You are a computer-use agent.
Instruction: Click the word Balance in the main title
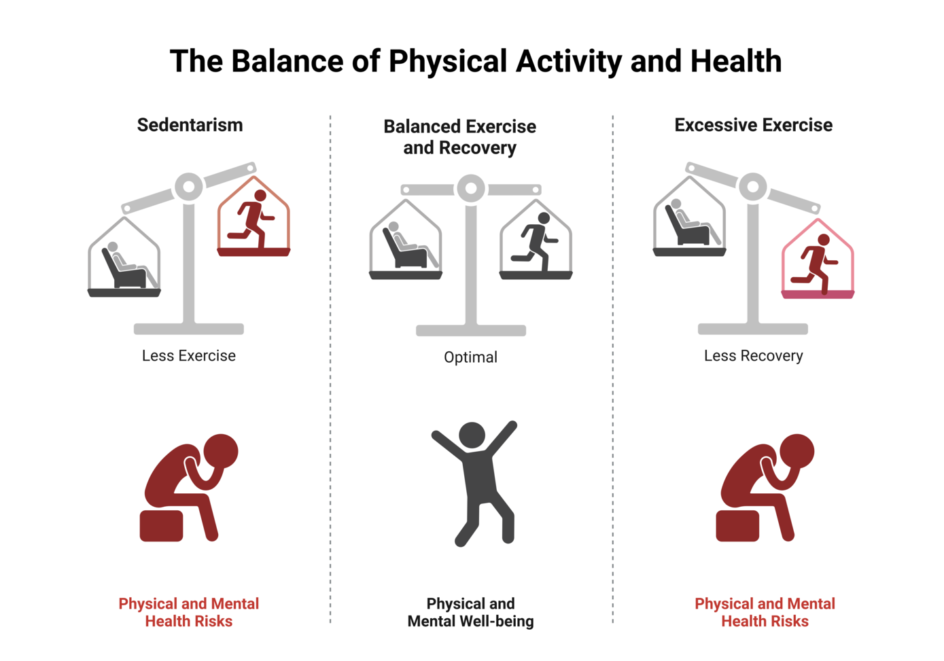pos(287,61)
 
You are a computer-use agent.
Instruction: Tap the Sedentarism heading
pos(190,125)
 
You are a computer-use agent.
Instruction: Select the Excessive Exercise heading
pos(754,125)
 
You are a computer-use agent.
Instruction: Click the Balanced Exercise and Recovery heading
pos(460,137)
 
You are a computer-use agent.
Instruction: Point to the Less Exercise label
pos(189,355)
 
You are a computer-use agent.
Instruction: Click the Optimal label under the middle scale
pos(471,357)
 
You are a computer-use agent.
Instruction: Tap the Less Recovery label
pos(754,356)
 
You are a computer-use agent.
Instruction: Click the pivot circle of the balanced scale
pos(471,188)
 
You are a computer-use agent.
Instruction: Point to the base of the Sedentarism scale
pos(189,329)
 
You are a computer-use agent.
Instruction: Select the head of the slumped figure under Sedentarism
pos(221,451)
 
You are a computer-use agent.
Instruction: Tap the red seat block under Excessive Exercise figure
pos(737,526)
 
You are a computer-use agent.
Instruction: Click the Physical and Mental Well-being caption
pos(471,613)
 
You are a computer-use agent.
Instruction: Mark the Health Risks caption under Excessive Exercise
pos(765,622)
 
